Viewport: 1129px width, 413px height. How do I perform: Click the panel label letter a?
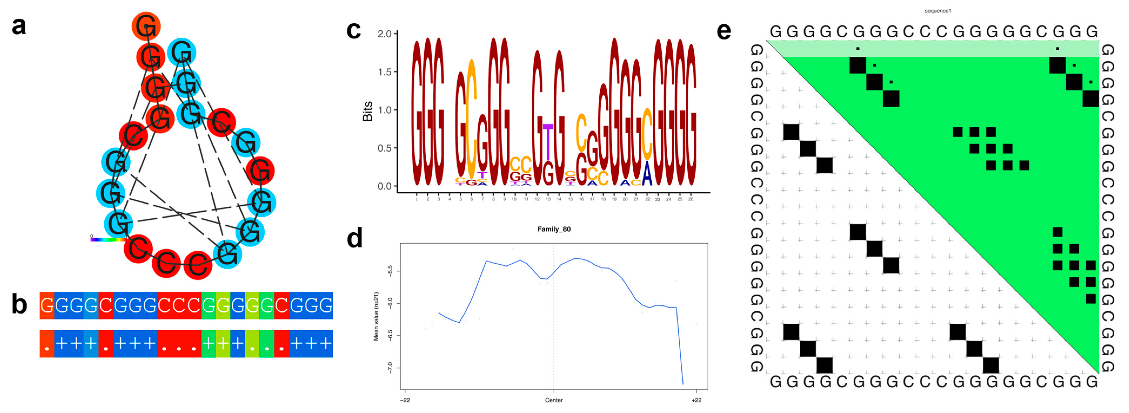pos(19,26)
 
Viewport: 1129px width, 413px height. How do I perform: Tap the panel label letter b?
pos(19,304)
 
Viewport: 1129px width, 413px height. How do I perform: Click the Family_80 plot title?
pos(554,229)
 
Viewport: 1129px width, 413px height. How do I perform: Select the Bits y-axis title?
pos(367,111)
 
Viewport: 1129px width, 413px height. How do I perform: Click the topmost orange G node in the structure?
pos(146,26)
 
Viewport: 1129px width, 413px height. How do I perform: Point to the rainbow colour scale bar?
pos(107,239)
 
